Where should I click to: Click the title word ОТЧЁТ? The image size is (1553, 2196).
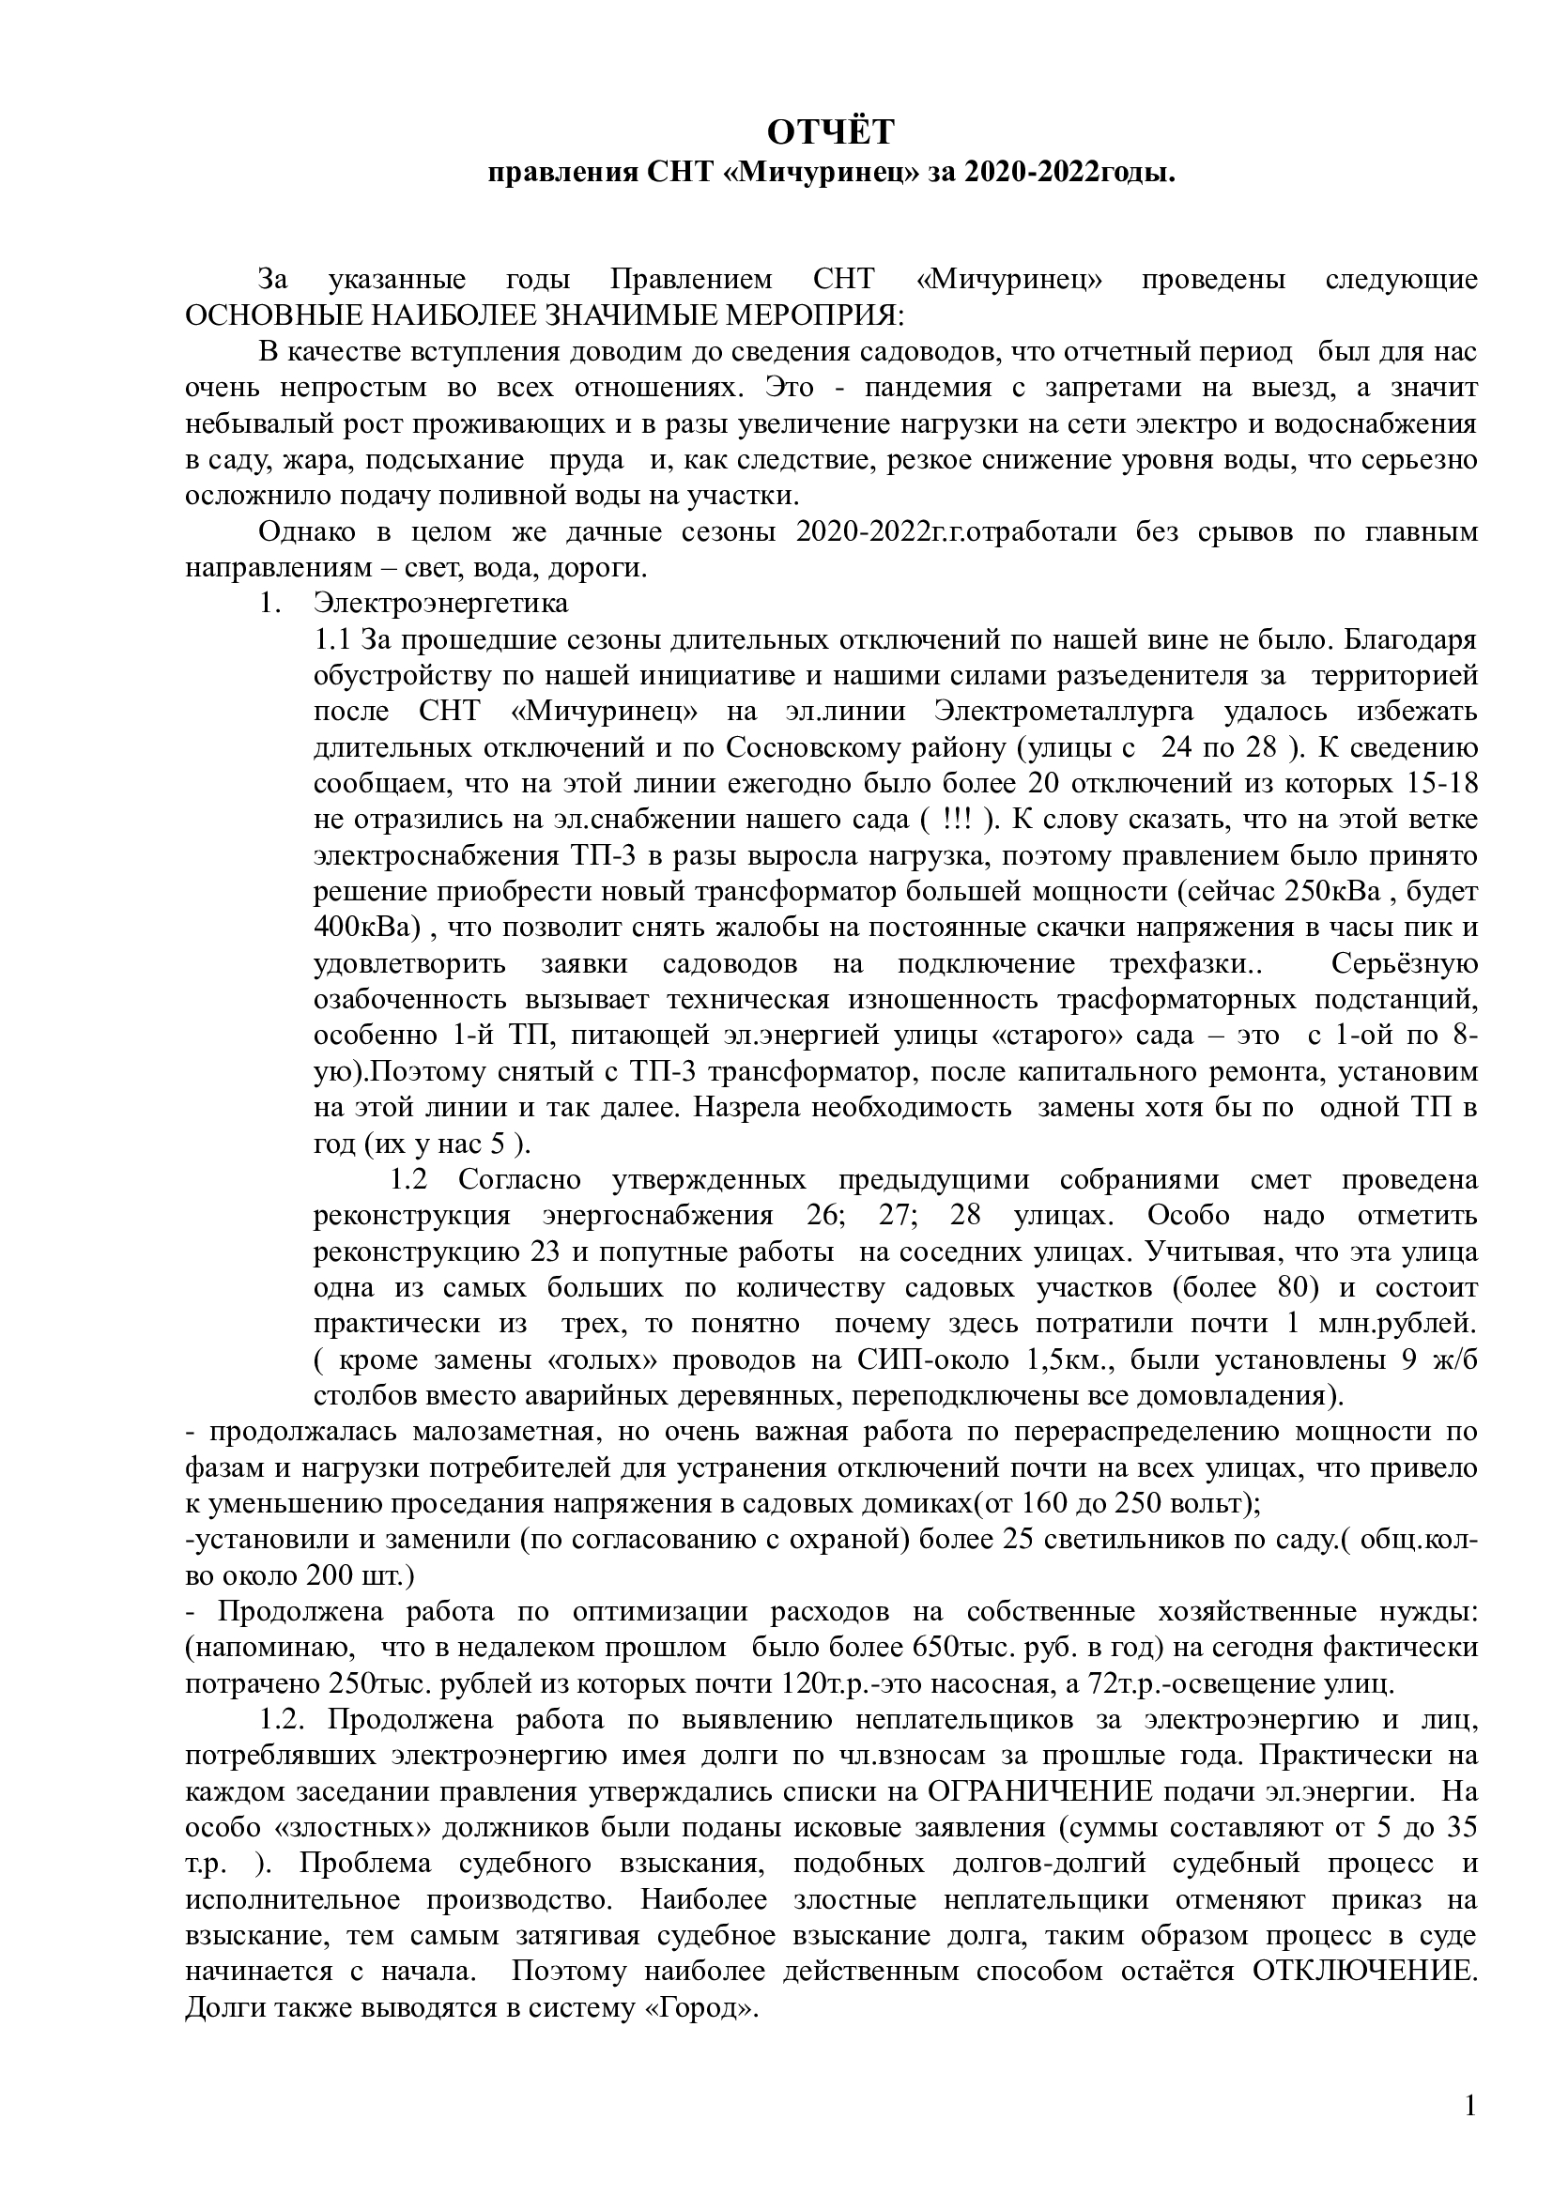pos(831,133)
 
